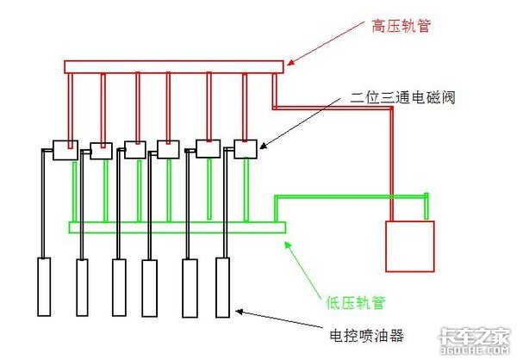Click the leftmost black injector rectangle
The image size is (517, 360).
[x=45, y=287]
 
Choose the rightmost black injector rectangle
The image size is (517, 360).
[x=222, y=287]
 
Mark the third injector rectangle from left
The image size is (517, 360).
[x=119, y=287]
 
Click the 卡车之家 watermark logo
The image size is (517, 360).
[x=476, y=340]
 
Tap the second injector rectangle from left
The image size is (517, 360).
[x=83, y=287]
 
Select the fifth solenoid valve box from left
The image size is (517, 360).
[x=209, y=149]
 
